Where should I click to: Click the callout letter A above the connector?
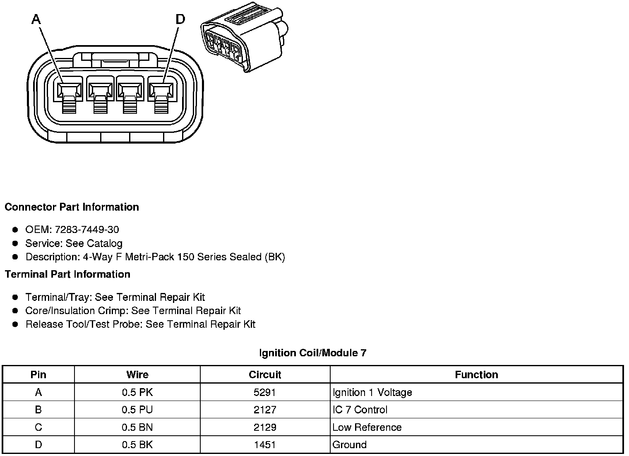[36, 19]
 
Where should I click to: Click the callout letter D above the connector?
[180, 19]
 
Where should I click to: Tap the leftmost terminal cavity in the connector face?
[69, 90]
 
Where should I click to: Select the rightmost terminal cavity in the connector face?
[161, 90]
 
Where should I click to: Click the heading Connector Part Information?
[72, 207]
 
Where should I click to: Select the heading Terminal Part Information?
[67, 274]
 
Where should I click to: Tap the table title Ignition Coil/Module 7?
[312, 353]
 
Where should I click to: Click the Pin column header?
[38, 375]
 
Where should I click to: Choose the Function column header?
[476, 375]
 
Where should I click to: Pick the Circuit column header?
[265, 375]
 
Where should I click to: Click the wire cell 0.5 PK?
[137, 392]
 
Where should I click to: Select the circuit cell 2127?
[265, 410]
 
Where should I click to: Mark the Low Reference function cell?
[367, 427]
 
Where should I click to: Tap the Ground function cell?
[350, 445]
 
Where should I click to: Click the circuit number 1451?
[265, 445]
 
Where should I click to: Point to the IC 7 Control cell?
[360, 410]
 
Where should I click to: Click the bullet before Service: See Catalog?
[15, 243]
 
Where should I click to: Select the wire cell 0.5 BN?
[137, 427]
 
